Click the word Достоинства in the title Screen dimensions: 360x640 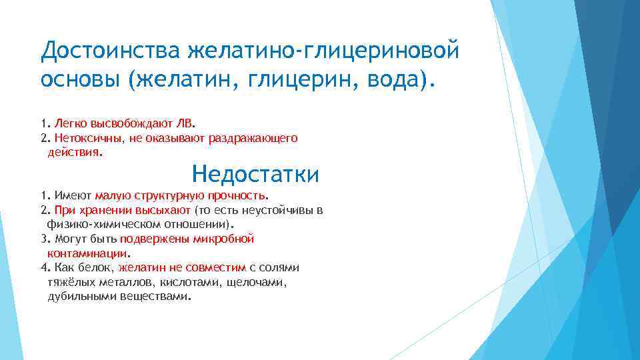111,50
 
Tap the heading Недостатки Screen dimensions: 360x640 255,175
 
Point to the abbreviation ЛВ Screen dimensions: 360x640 186,123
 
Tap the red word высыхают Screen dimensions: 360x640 165,211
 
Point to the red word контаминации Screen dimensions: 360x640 87,253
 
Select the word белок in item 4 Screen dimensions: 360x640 97,268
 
